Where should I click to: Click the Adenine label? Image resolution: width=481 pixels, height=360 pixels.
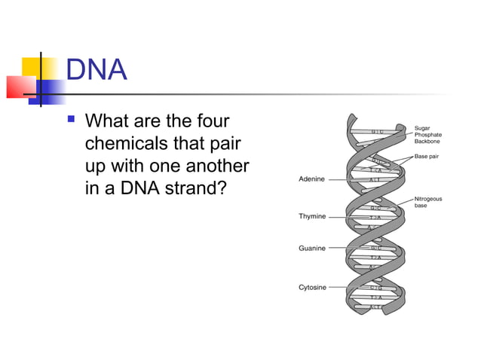click(x=312, y=179)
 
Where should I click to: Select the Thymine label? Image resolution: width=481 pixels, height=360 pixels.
click(x=312, y=216)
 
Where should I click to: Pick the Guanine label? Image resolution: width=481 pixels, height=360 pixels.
click(x=312, y=247)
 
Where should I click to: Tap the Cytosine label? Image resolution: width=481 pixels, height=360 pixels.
click(x=313, y=287)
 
